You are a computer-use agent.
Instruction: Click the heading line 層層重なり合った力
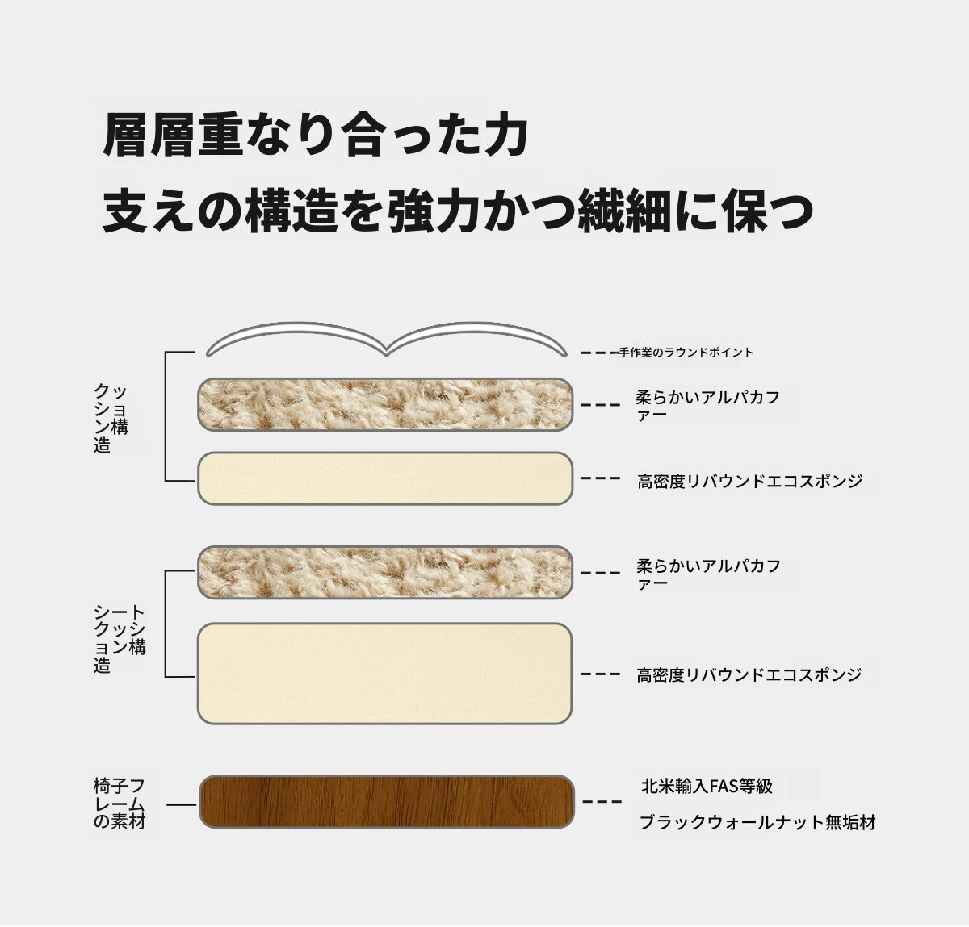(x=315, y=135)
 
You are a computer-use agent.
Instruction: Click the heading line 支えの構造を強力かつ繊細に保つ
(x=458, y=211)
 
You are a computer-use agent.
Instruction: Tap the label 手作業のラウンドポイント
(x=686, y=353)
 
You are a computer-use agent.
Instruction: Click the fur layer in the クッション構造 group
(x=385, y=404)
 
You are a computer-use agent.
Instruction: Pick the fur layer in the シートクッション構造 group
(x=385, y=572)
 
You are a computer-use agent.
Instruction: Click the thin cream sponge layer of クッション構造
(x=385, y=478)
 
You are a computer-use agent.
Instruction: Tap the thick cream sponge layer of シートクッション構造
(x=384, y=673)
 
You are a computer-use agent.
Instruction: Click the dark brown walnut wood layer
(x=387, y=802)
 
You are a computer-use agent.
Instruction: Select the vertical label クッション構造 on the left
(x=111, y=418)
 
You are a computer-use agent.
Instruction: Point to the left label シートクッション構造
(x=120, y=638)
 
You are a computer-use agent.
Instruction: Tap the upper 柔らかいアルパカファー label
(x=707, y=406)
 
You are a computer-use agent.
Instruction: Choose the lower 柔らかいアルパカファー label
(x=708, y=574)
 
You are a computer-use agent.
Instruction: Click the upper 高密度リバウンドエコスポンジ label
(x=749, y=481)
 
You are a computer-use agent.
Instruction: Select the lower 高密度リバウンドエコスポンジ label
(x=749, y=674)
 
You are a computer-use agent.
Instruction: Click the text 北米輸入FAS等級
(x=707, y=786)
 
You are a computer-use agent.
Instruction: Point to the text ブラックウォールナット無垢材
(x=757, y=822)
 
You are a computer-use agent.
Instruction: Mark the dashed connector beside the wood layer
(x=602, y=802)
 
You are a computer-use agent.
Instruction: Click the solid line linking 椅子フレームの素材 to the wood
(x=181, y=804)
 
